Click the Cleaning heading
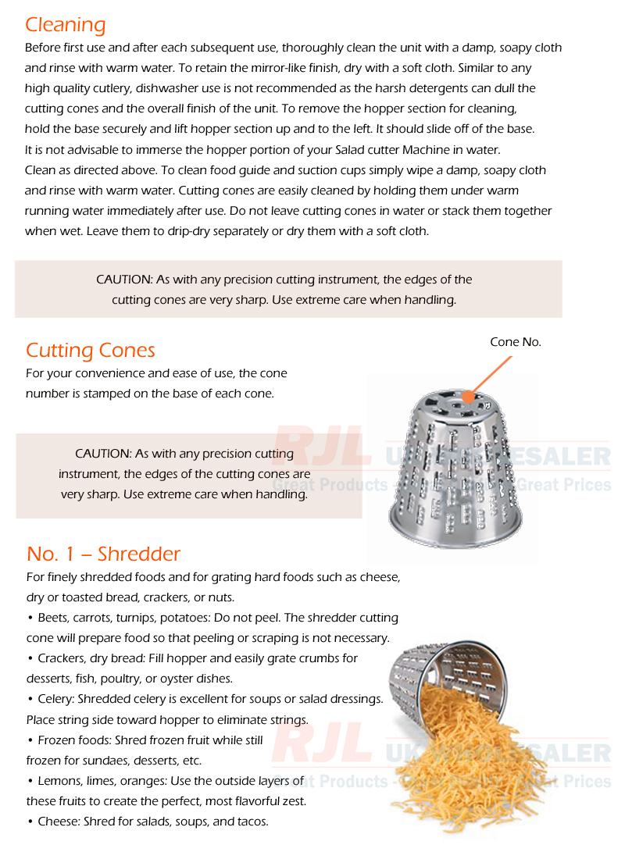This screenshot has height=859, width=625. tap(65, 24)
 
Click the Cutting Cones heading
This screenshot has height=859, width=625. tap(91, 350)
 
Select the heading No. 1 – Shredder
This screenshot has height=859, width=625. tap(103, 554)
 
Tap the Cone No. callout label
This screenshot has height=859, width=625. tap(515, 342)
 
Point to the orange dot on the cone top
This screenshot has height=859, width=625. tap(468, 397)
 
